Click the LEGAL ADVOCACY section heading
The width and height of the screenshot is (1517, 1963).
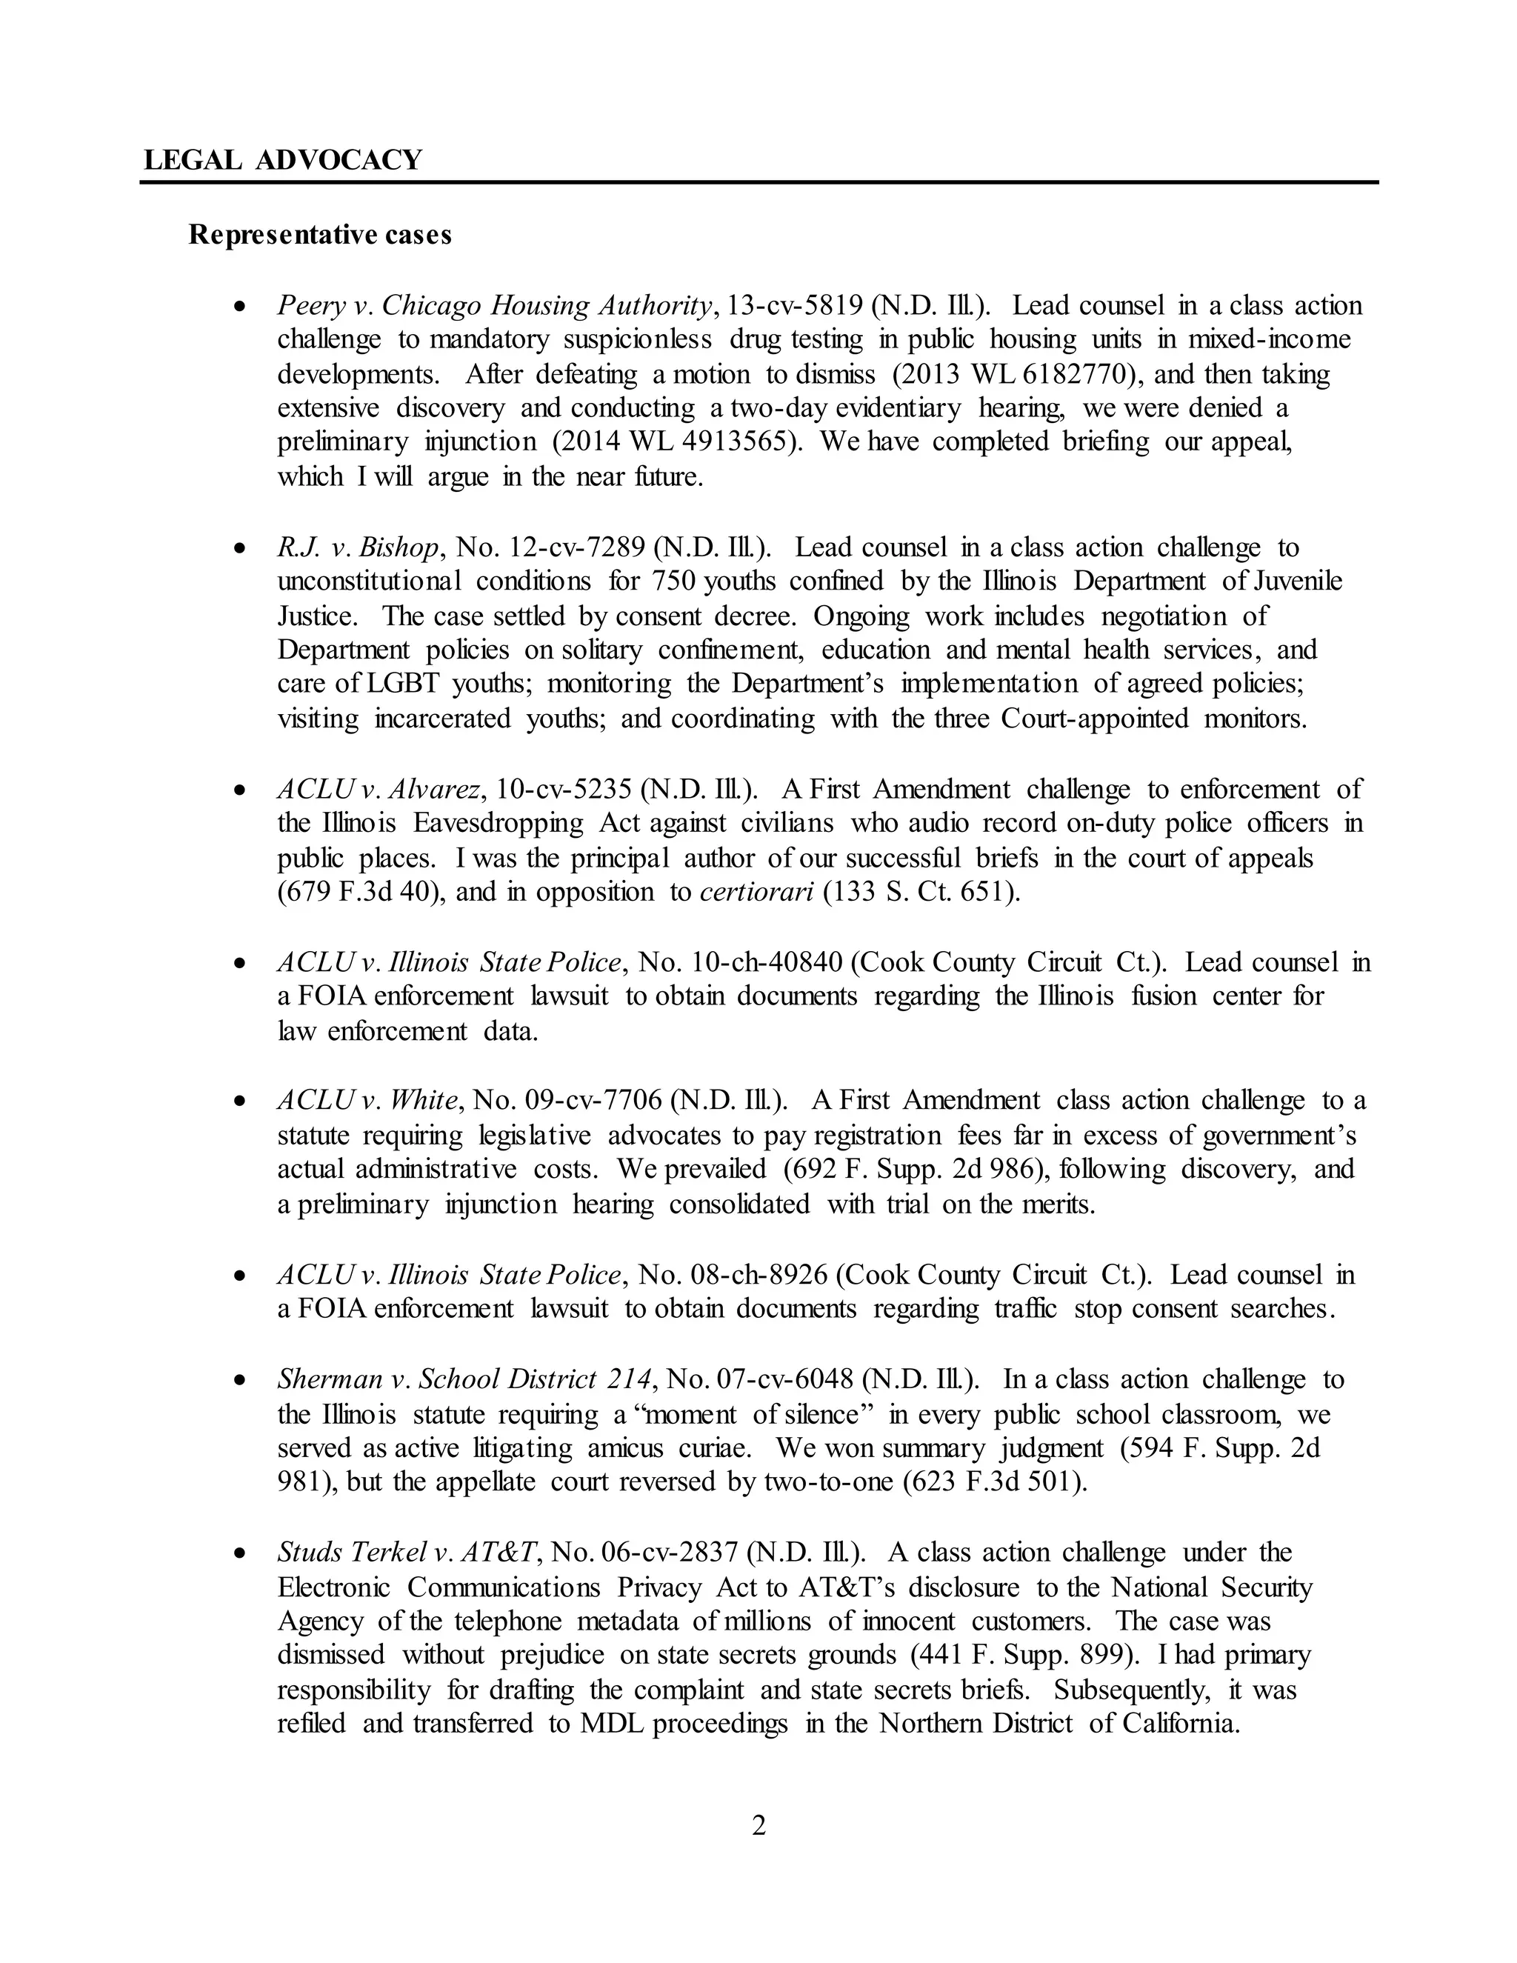pyautogui.click(x=282, y=160)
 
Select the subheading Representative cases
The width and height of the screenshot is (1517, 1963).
pyautogui.click(x=320, y=236)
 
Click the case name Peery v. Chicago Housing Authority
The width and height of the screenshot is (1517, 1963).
pyautogui.click(x=494, y=306)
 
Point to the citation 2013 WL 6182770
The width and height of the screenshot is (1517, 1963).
pyautogui.click(x=1016, y=374)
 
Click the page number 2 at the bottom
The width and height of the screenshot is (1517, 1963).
pyautogui.click(x=758, y=1827)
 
